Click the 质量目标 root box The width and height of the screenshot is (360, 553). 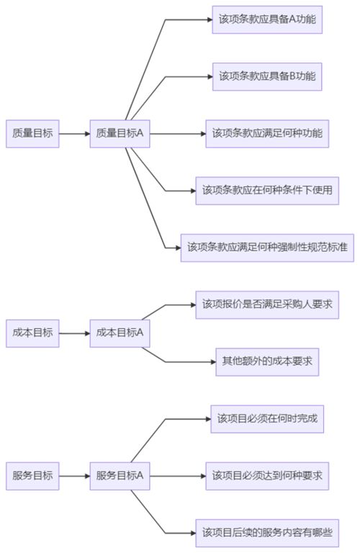coord(32,133)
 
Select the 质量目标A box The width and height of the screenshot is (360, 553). coord(120,133)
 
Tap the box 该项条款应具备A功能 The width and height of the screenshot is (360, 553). coord(267,19)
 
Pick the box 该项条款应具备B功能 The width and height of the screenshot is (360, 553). coord(267,76)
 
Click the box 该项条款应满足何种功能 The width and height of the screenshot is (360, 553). coord(267,133)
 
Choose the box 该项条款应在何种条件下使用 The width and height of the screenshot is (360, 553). coord(267,190)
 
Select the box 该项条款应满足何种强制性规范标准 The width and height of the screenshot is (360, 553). coord(267,247)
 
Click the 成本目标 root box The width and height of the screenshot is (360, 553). coord(32,333)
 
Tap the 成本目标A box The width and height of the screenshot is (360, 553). coord(120,333)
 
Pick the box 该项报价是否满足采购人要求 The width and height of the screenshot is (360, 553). coord(267,305)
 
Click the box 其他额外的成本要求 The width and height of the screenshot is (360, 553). coord(267,361)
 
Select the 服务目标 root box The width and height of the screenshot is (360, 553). coord(32,476)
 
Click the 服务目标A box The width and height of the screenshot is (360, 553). coord(120,476)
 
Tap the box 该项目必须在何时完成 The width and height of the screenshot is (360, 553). coord(267,418)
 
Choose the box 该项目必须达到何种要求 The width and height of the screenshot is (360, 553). coord(267,476)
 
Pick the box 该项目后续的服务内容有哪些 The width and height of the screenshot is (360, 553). coord(267,533)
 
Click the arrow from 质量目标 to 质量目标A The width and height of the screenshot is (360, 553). coord(74,133)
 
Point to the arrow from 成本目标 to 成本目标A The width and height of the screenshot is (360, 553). coord(74,333)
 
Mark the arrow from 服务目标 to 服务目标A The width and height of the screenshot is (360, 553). coord(74,476)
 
